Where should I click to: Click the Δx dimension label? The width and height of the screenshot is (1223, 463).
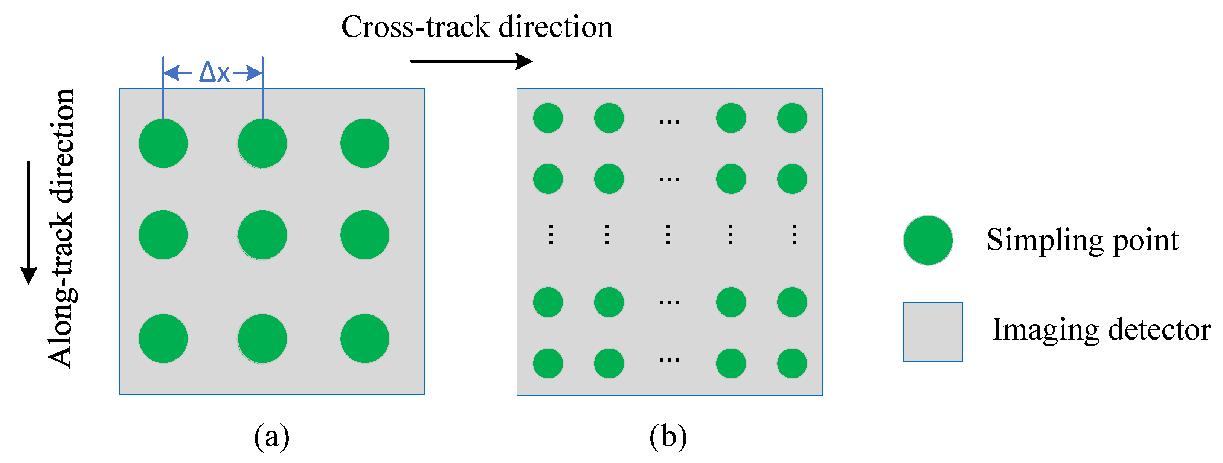coord(214,73)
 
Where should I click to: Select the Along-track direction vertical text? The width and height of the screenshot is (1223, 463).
coord(62,228)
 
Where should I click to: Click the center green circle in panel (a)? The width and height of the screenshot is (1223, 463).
coord(262,235)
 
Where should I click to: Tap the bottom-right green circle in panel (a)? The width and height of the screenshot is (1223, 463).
coord(364,338)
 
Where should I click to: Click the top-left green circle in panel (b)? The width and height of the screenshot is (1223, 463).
coord(548,118)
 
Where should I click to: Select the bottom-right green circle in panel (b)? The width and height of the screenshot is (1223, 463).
coord(792,363)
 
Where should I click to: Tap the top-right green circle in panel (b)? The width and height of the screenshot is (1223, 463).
coord(792,118)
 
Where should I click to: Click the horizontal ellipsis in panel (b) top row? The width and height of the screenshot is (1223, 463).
coord(669,122)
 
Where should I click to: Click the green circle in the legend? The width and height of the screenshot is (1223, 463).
coord(928,240)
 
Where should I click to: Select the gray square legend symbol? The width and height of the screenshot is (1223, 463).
coord(932,332)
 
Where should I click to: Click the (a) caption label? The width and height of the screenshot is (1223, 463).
coord(271,436)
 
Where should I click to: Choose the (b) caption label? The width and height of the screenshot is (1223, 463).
coord(668,436)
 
